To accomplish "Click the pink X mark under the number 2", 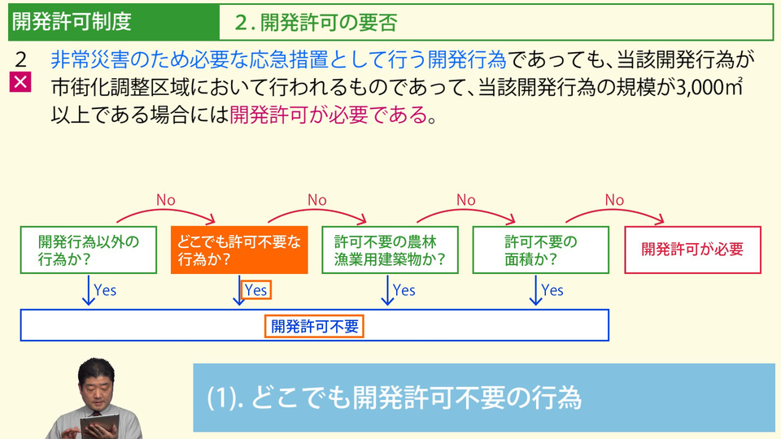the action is point(20,82).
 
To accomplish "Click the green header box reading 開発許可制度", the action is point(114,22).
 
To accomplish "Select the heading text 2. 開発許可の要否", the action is point(316,23).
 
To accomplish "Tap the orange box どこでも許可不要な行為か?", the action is point(239,250).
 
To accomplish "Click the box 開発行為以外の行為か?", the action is point(89,250).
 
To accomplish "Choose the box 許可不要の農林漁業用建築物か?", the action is point(390,250).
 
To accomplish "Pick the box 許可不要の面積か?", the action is point(541,250).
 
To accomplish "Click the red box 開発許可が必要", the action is point(693,250).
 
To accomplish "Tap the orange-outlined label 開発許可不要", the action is point(314,326).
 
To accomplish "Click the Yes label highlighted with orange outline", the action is point(256,289).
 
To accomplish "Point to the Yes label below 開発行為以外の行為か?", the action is point(105,290).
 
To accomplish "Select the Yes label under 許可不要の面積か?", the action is point(552,290).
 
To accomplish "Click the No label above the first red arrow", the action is point(166,200).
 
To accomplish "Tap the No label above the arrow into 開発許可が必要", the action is point(614,200).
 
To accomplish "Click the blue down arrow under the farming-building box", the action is point(387,290).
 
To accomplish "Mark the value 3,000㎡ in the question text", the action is point(709,87).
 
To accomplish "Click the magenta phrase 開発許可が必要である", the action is point(329,115).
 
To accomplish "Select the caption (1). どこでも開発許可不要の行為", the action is point(394,398).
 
